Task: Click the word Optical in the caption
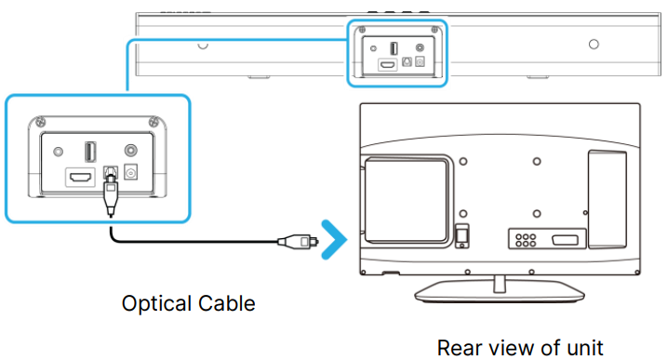(x=156, y=304)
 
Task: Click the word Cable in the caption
(x=227, y=303)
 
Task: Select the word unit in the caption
(x=585, y=348)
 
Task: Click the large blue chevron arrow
(x=335, y=240)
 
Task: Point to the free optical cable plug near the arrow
(x=299, y=241)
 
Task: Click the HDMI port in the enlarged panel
(x=80, y=177)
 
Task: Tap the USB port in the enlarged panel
(x=90, y=152)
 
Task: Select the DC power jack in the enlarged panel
(x=130, y=173)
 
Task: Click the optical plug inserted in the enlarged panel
(x=111, y=193)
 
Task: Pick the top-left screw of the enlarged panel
(x=40, y=122)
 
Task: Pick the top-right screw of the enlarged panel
(x=153, y=122)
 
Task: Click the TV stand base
(x=500, y=291)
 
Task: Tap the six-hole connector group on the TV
(x=526, y=240)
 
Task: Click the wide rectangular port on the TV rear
(x=566, y=240)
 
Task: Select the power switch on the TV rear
(x=461, y=236)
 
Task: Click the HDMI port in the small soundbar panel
(x=387, y=65)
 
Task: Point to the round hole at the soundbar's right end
(x=594, y=44)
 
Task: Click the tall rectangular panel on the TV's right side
(x=607, y=199)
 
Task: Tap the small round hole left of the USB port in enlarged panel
(x=59, y=152)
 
